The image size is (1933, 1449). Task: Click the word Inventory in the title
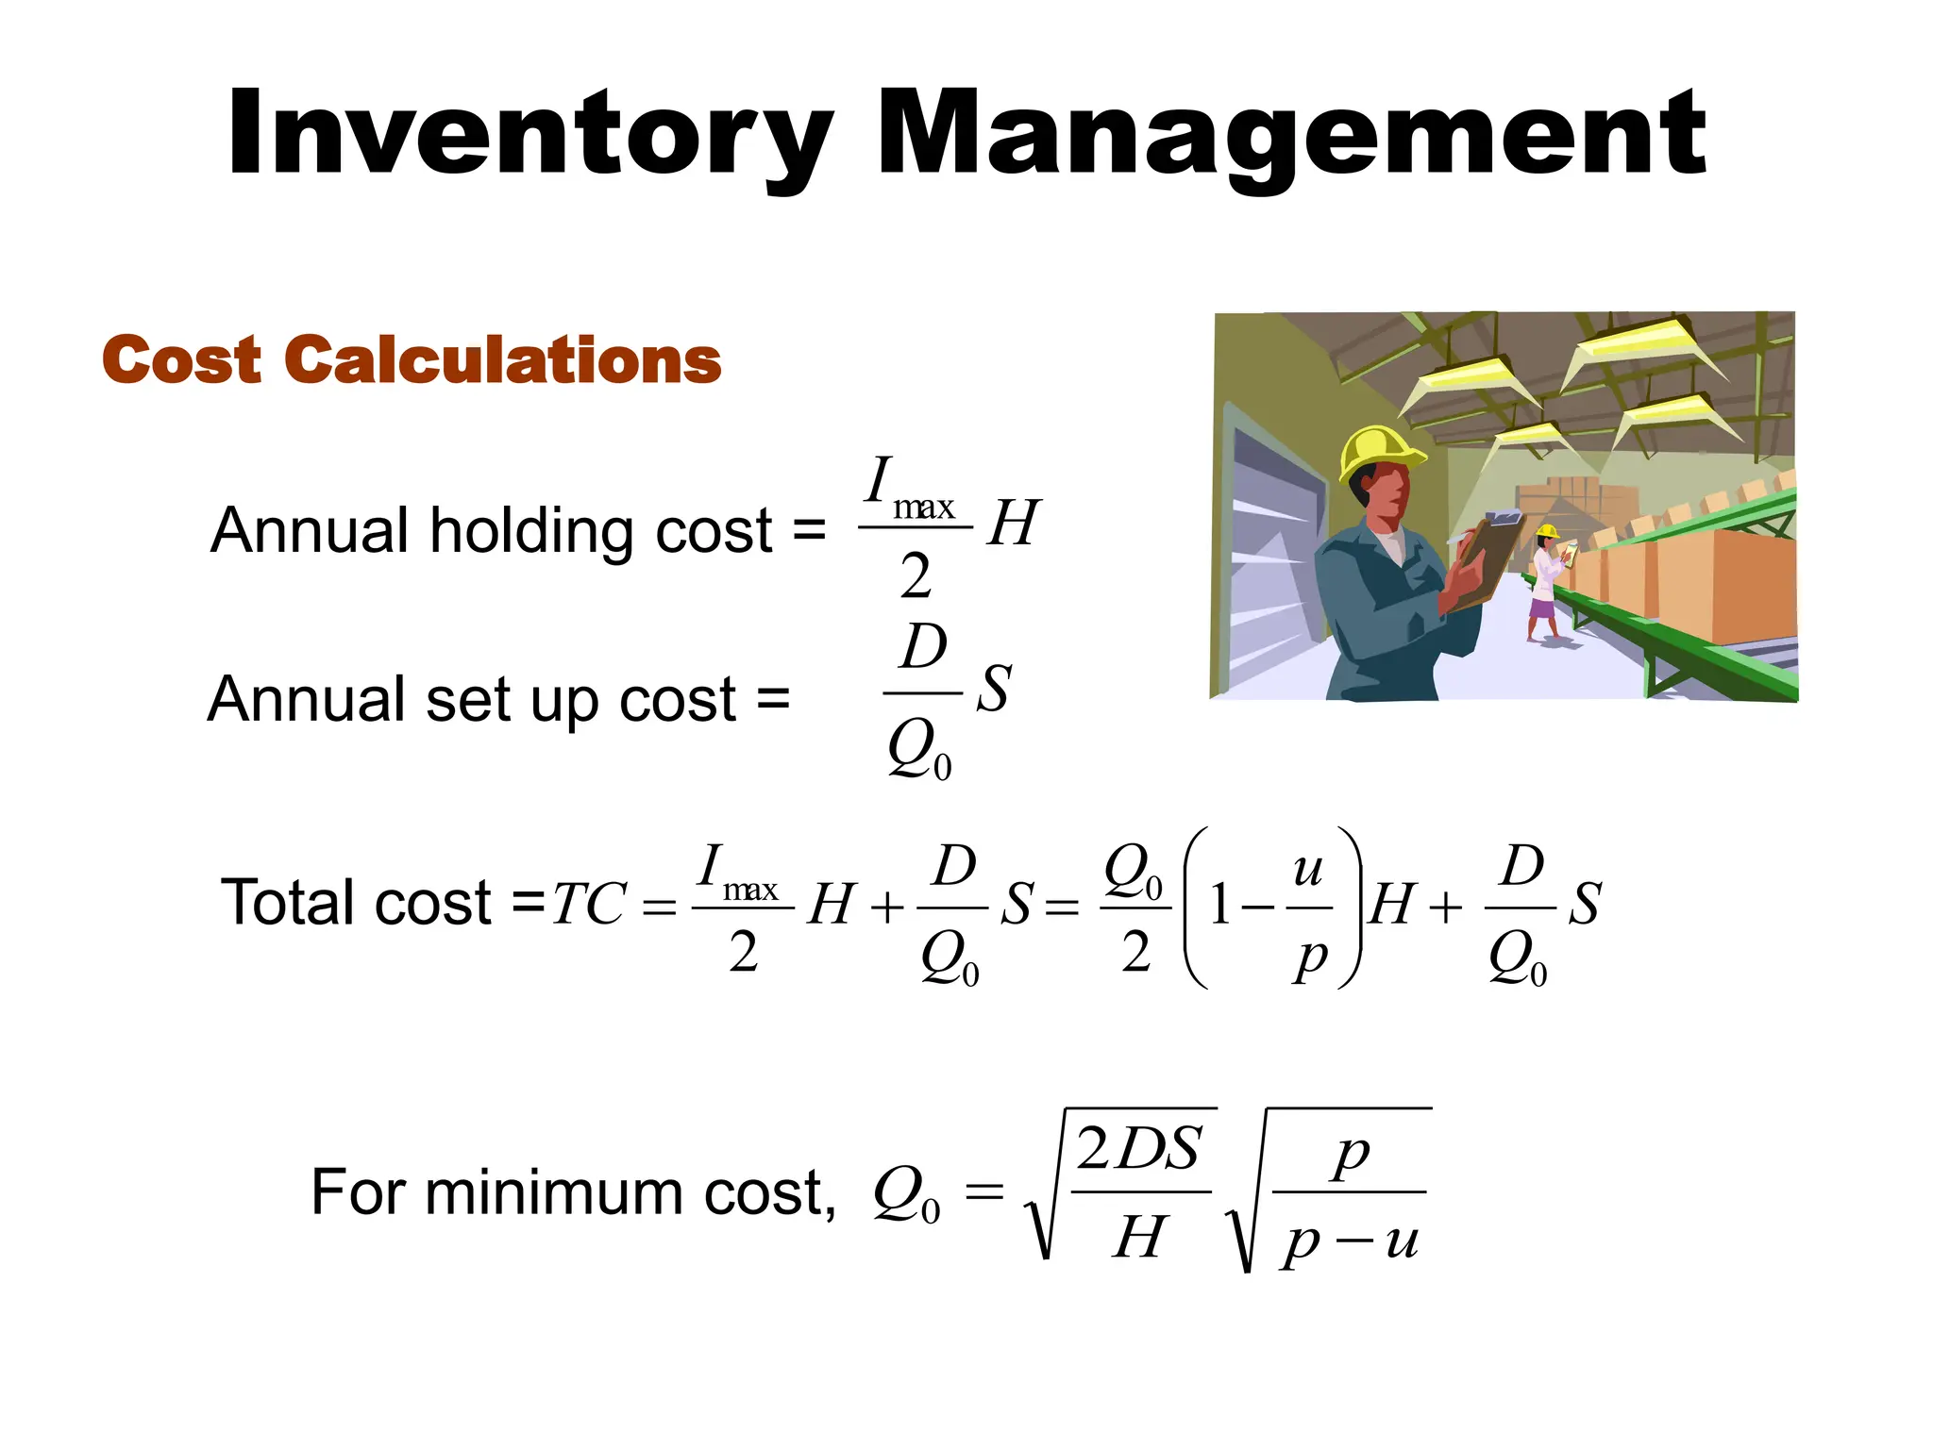click(x=529, y=135)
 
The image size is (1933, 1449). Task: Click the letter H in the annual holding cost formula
click(x=1013, y=523)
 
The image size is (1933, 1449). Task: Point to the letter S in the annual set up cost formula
click(x=994, y=688)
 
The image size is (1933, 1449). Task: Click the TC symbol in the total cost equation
click(x=589, y=904)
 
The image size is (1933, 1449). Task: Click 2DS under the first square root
click(x=1139, y=1149)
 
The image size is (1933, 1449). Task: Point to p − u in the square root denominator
click(x=1350, y=1240)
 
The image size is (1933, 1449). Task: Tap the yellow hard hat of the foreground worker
click(x=1378, y=452)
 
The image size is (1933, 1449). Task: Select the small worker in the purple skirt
click(x=1545, y=585)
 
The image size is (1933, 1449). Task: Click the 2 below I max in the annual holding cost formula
click(x=915, y=576)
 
